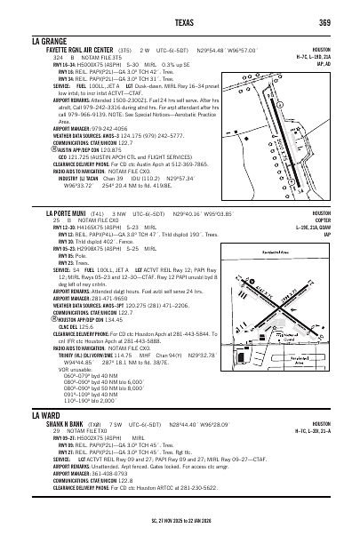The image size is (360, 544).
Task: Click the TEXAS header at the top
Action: (180, 21)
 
